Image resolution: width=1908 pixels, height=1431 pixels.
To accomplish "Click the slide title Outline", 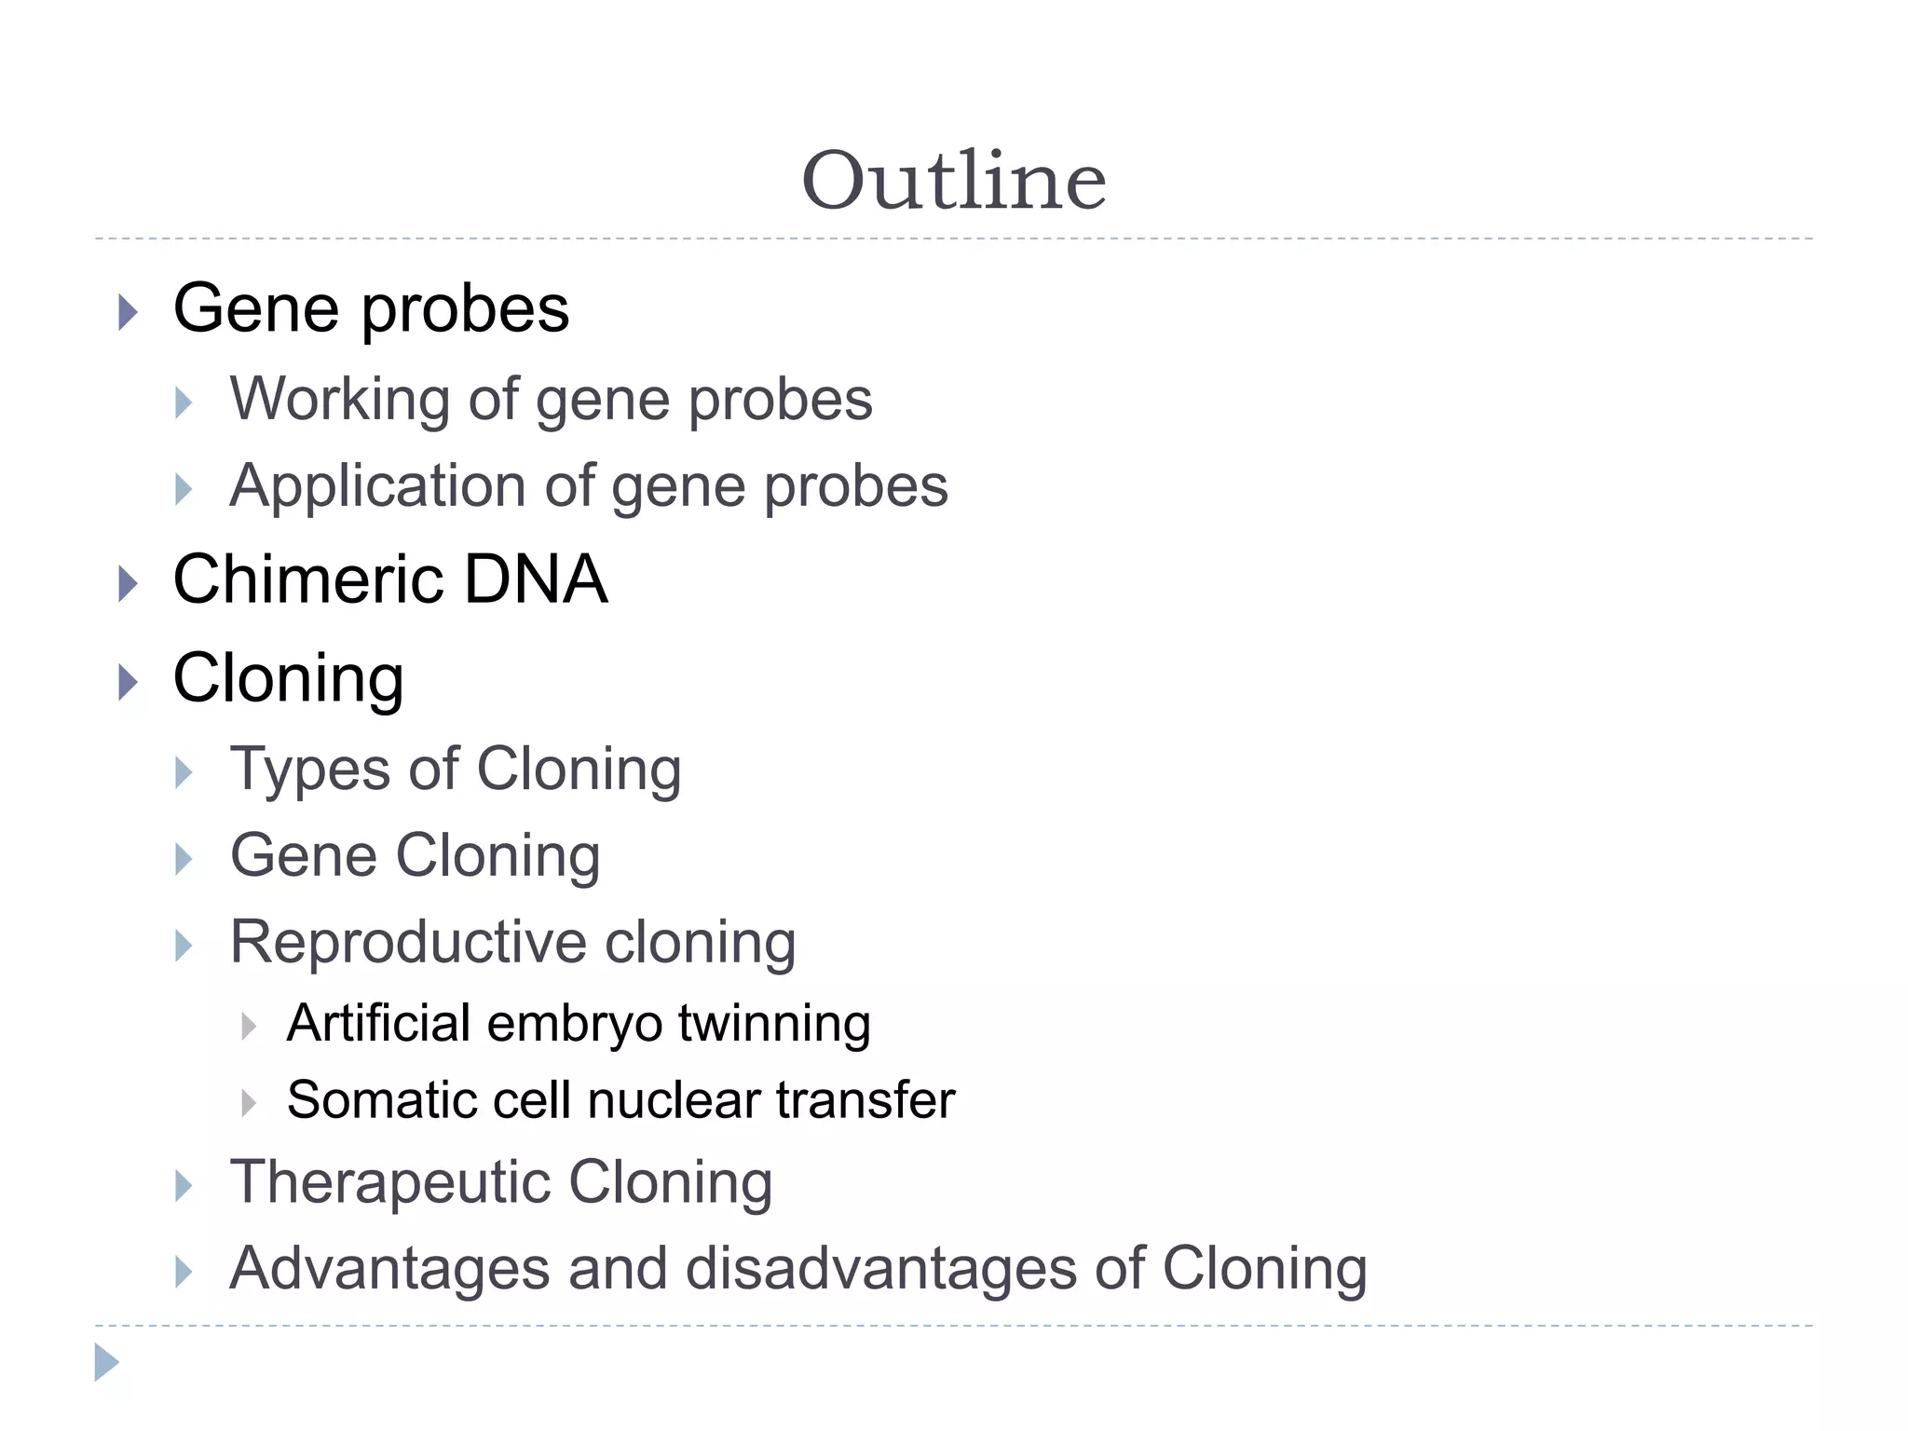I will click(x=954, y=181).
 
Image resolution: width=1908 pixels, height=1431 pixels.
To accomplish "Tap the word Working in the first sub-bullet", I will click(x=339, y=400).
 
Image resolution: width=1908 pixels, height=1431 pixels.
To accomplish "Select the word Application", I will click(x=378, y=486).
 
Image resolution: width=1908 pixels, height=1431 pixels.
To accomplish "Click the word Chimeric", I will click(x=308, y=579).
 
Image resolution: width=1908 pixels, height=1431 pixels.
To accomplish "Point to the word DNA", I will click(x=536, y=579).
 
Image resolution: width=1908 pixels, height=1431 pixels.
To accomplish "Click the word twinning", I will click(x=774, y=1025).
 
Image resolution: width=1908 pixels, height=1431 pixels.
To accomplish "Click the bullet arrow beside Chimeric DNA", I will click(x=129, y=584).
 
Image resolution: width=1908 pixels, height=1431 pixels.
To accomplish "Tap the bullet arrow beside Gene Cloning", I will click(x=184, y=859).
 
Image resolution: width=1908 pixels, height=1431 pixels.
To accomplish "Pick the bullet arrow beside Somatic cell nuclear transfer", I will click(x=249, y=1103).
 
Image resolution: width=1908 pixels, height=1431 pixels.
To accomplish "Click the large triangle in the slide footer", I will click(x=106, y=1362).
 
